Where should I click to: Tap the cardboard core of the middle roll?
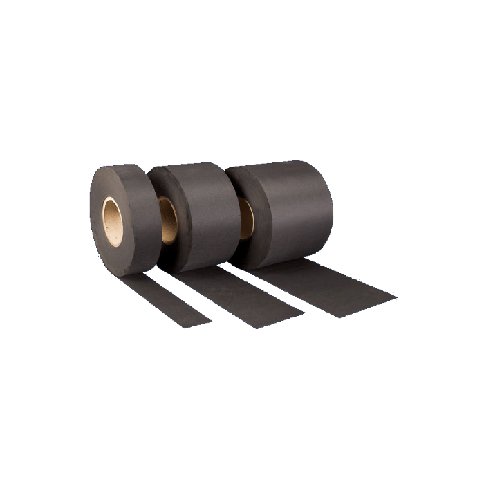pyautogui.click(x=168, y=220)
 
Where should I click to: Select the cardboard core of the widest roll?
pyautogui.click(x=246, y=217)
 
